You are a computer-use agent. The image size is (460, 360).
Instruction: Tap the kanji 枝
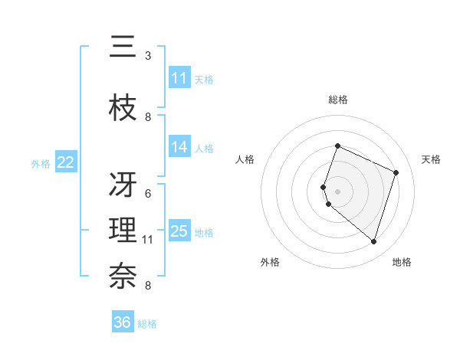[123, 109]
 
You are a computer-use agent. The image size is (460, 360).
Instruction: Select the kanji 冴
[123, 185]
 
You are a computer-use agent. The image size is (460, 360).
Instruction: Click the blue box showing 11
[179, 78]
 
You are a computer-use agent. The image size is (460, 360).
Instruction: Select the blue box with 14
[179, 147]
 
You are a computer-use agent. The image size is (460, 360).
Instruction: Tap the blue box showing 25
[179, 231]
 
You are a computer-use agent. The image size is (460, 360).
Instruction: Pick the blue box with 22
[65, 162]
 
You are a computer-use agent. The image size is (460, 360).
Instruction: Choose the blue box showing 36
[123, 322]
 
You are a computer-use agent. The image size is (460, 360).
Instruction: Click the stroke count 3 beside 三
[148, 56]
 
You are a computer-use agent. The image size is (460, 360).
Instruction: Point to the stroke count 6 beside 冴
[148, 193]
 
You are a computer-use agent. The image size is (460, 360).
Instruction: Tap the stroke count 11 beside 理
[147, 240]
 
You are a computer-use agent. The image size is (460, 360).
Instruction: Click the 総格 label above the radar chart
[337, 100]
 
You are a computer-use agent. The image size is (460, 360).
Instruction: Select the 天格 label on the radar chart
[431, 159]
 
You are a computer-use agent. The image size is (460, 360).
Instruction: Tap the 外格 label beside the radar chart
[270, 262]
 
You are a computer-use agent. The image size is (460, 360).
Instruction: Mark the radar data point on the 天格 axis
[396, 172]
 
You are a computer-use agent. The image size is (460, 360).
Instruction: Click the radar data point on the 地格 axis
[373, 241]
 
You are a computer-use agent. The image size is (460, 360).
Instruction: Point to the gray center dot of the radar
[337, 191]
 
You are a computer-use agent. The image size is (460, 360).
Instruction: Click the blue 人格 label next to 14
[204, 148]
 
